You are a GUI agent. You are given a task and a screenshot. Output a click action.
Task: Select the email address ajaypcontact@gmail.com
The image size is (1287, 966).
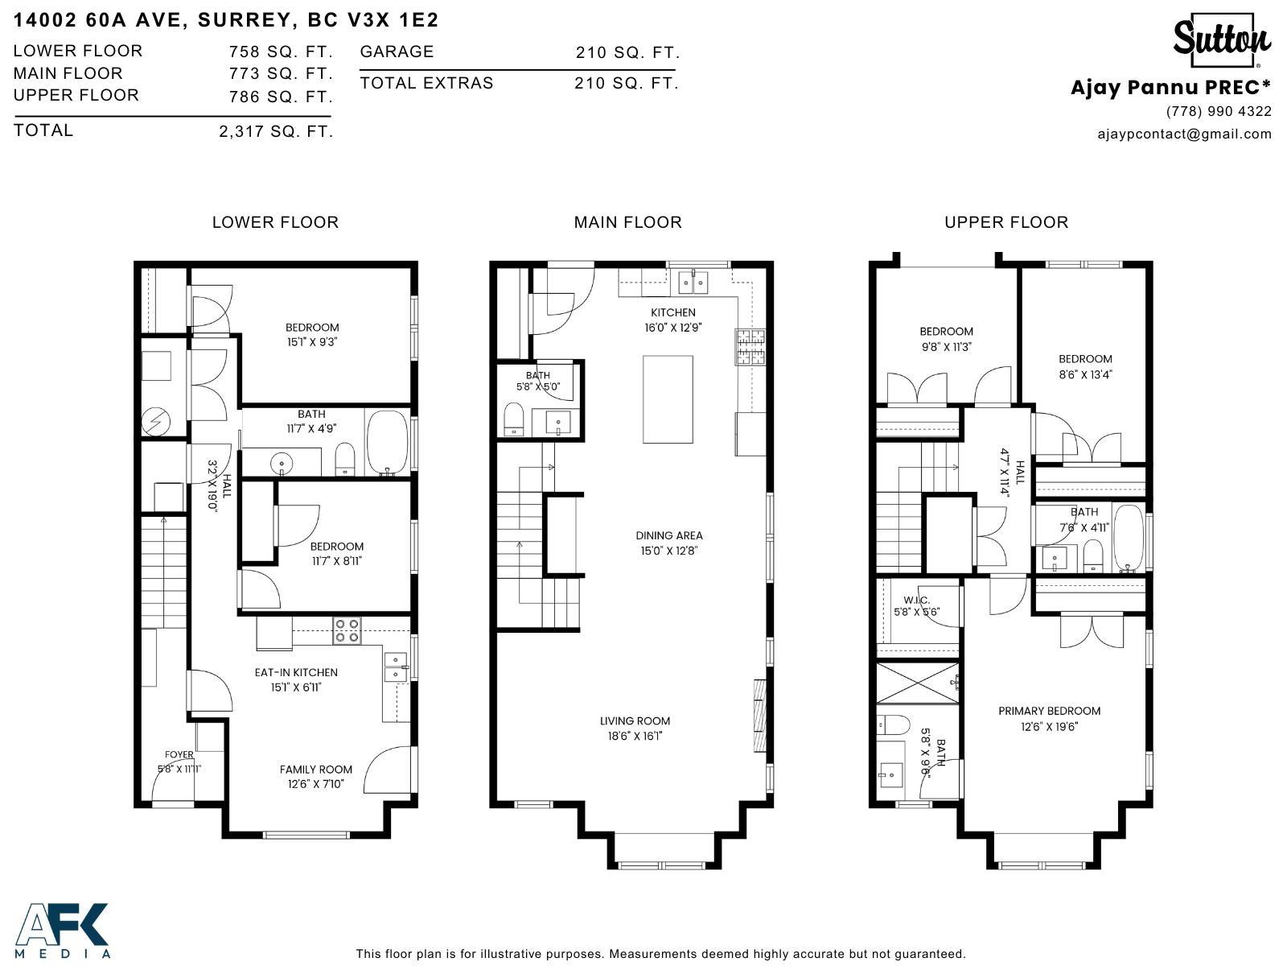(1184, 134)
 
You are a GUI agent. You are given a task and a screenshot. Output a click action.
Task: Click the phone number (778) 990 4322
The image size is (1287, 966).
(1219, 111)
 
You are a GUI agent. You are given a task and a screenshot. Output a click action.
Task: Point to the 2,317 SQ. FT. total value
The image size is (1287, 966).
(276, 131)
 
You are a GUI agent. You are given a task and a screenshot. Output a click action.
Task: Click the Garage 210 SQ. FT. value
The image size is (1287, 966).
(627, 53)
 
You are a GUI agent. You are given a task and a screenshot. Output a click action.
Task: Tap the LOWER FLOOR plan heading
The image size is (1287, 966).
(275, 222)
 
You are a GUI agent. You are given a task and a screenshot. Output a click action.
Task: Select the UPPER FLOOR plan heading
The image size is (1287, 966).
(1006, 222)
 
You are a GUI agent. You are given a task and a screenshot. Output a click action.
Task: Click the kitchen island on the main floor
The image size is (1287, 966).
(668, 399)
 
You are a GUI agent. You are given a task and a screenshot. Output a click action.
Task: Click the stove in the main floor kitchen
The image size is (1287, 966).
(750, 347)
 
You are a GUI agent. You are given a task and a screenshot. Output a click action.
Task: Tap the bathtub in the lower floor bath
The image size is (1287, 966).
(388, 443)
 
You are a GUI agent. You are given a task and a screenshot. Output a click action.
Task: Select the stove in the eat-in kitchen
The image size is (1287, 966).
(347, 630)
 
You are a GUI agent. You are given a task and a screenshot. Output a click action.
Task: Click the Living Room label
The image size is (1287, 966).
(635, 721)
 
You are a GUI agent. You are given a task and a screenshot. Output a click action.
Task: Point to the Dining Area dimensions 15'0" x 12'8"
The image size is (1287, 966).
(668, 551)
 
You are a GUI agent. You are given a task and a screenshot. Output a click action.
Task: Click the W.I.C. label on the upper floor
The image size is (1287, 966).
(916, 601)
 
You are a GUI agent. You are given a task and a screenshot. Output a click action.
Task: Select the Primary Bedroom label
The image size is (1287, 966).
(1049, 711)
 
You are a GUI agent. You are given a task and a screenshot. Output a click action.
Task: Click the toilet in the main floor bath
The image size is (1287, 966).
(513, 419)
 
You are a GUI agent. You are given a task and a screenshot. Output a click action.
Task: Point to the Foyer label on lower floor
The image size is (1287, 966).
(179, 755)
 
